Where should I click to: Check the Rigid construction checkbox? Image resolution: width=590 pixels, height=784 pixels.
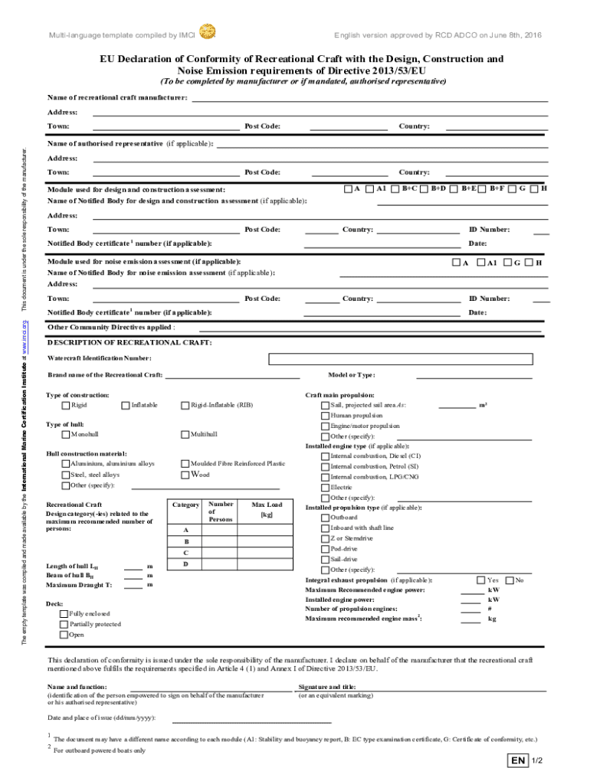point(65,405)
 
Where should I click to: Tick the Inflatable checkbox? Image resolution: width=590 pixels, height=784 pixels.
point(126,405)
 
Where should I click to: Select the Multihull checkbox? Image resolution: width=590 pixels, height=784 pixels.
point(185,434)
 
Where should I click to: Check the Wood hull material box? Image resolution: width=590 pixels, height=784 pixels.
point(185,475)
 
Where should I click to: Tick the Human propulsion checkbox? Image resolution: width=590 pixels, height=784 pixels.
point(325,416)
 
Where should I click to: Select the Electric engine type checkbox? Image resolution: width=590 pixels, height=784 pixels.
point(325,487)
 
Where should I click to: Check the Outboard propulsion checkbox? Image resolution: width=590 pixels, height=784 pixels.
point(325,518)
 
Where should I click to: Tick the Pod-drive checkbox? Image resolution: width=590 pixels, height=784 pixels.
point(325,549)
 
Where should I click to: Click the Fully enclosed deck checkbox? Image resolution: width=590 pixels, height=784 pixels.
point(65,614)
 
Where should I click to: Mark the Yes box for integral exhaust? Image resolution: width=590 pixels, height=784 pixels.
point(480,580)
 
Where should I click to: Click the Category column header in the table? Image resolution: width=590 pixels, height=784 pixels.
point(186,505)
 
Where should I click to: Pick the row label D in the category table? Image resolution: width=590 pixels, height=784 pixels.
point(185,564)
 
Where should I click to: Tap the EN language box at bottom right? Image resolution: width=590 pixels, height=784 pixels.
point(519,761)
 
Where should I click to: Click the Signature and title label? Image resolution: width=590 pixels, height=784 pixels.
point(327,688)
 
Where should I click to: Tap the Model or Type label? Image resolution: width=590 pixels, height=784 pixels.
point(351,375)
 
